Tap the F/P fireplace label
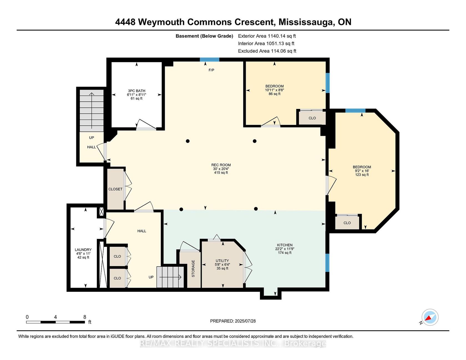211,70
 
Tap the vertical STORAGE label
193,269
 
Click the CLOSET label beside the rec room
115,189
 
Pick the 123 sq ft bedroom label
362,171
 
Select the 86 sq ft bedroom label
275,90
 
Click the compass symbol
430,317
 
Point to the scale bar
55,322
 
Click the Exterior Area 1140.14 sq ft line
267,36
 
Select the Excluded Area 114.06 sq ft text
267,51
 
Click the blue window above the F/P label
210,59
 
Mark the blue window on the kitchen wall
328,263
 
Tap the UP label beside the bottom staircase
151,277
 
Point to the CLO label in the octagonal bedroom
347,223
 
